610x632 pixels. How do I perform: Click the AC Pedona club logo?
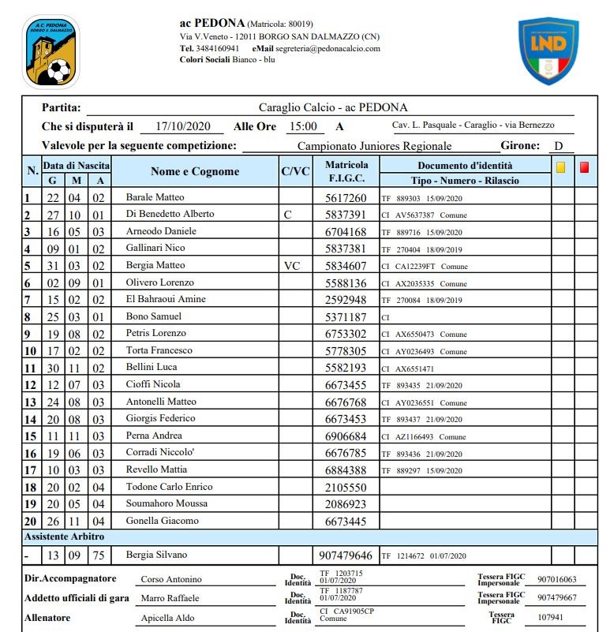pyautogui.click(x=51, y=53)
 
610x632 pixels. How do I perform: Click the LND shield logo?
pyautogui.click(x=548, y=51)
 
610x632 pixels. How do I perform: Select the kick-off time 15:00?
pyautogui.click(x=303, y=126)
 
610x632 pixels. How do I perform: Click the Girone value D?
pyautogui.click(x=558, y=146)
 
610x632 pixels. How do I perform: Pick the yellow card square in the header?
pyautogui.click(x=561, y=166)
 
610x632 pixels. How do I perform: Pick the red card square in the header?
pyautogui.click(x=584, y=166)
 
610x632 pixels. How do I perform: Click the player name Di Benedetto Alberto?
pyautogui.click(x=170, y=214)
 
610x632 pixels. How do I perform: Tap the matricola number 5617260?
pyautogui.click(x=346, y=198)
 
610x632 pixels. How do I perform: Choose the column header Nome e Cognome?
pyautogui.click(x=194, y=171)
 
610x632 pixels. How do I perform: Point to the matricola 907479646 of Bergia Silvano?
pyautogui.click(x=346, y=556)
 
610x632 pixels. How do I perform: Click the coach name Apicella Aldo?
pyautogui.click(x=168, y=618)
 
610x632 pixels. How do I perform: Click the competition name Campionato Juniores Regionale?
pyautogui.click(x=374, y=146)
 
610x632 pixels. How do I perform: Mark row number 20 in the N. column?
pyautogui.click(x=30, y=521)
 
